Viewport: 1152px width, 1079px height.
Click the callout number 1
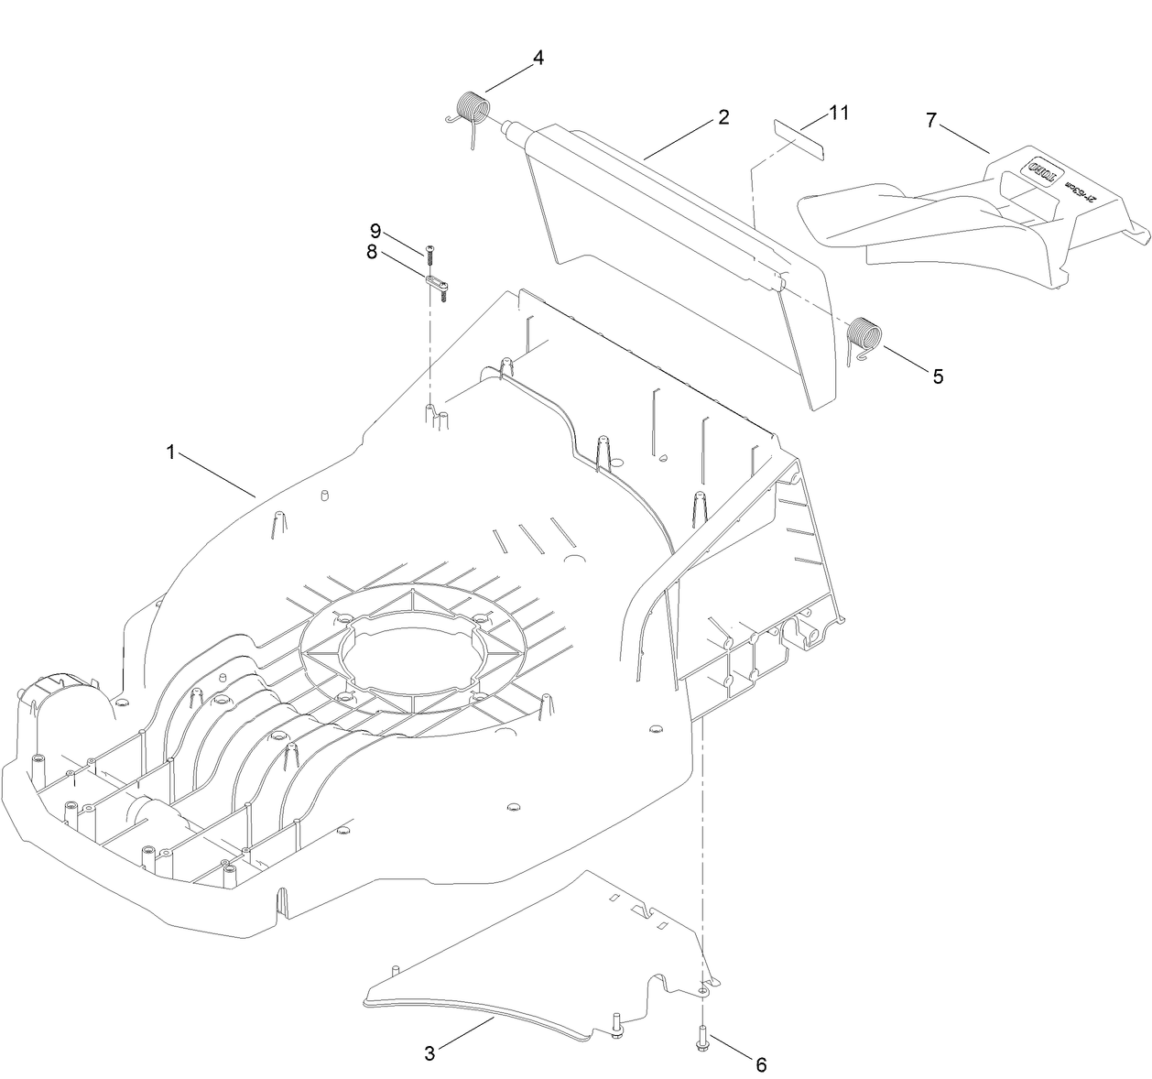169,452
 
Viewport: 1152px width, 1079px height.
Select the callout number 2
723,117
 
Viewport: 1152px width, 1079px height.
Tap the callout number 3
429,1053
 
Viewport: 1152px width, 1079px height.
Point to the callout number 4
538,58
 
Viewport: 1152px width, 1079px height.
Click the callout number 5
937,376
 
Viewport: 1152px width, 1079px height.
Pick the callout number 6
760,1064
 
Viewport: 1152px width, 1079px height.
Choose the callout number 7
931,120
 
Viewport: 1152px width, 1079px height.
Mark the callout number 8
372,252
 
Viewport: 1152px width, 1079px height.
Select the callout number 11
839,113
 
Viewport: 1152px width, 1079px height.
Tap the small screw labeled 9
429,250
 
